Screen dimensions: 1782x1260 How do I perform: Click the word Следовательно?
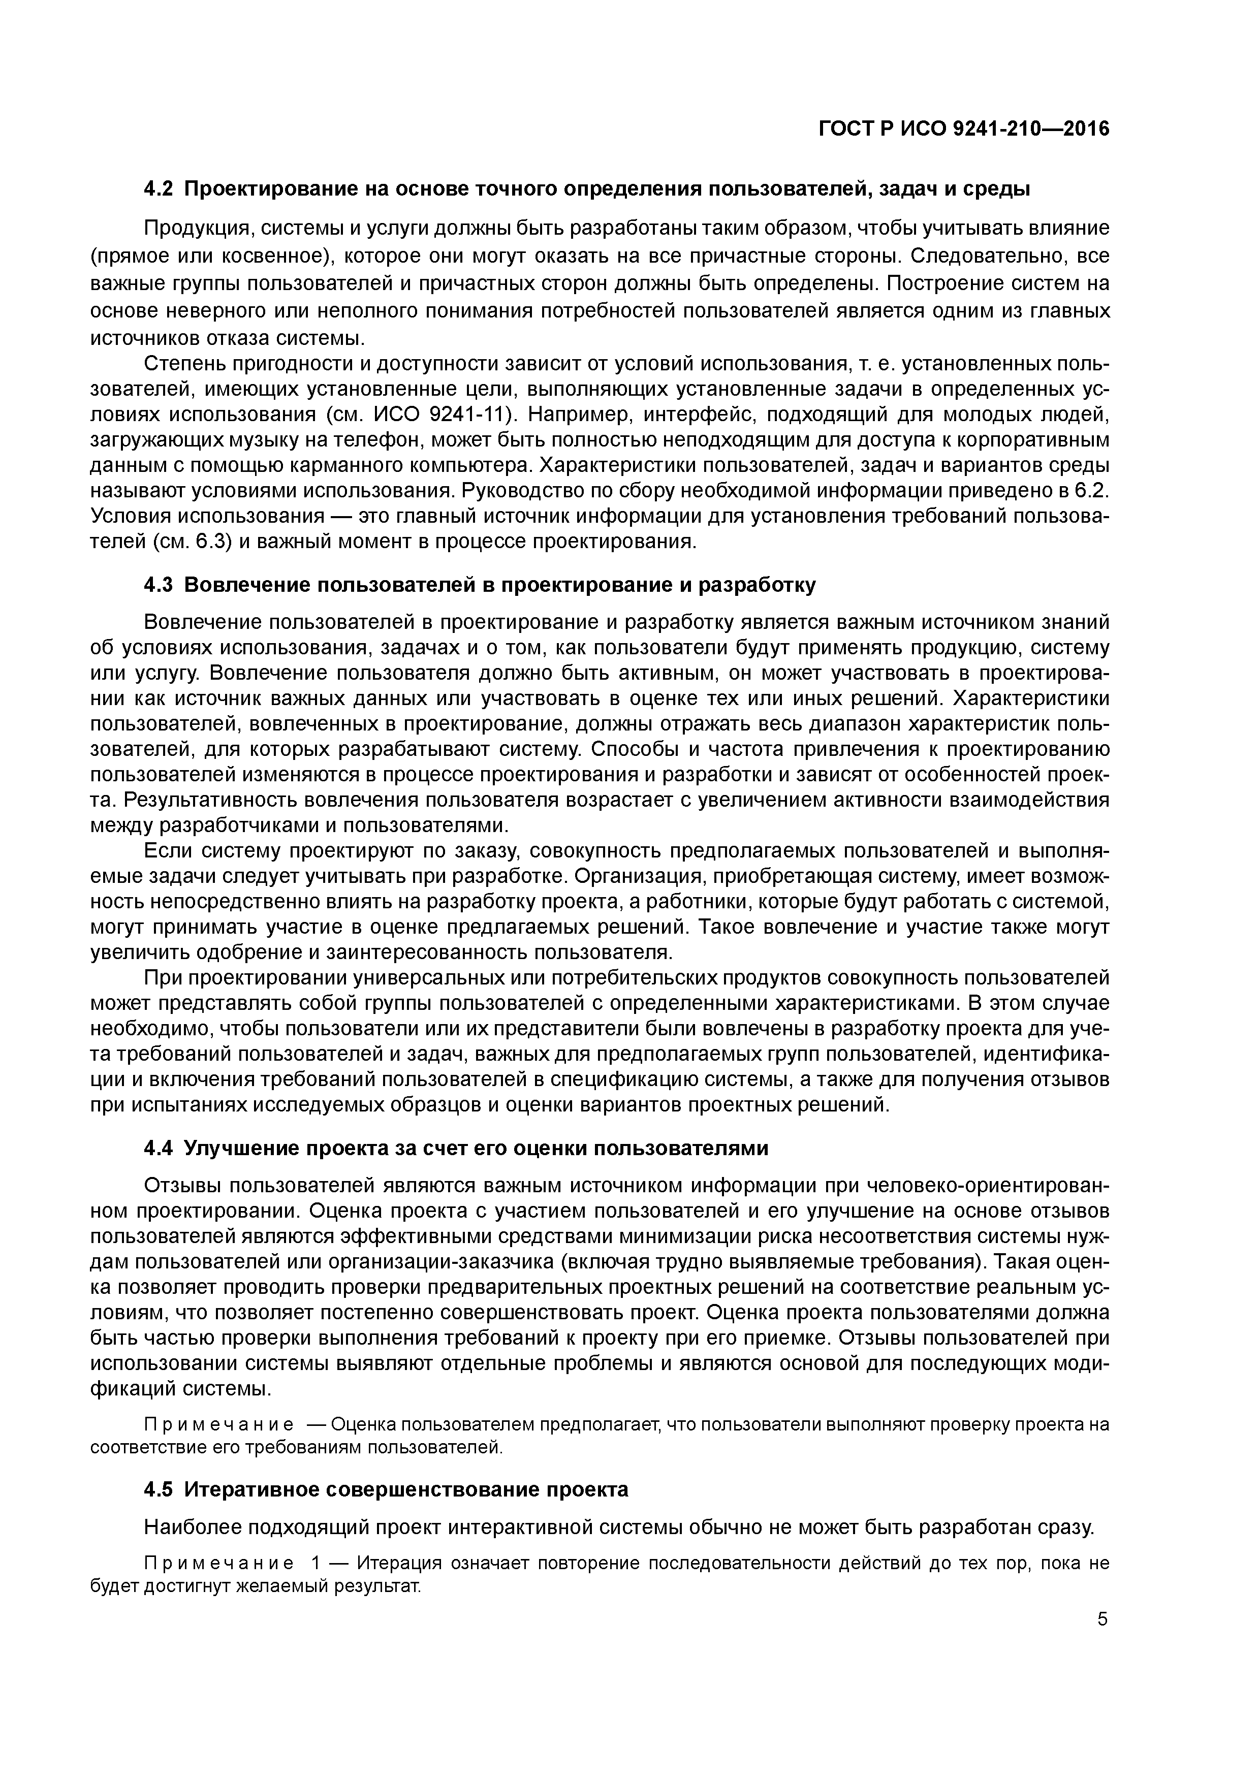[x=990, y=256]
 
